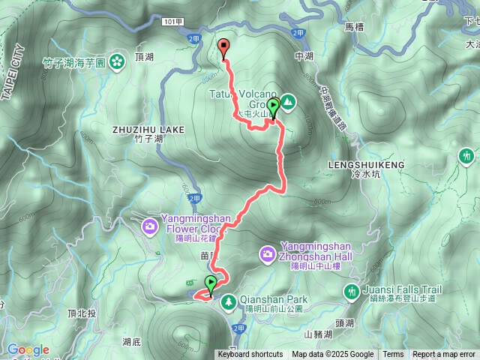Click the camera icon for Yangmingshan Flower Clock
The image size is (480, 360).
[x=150, y=224]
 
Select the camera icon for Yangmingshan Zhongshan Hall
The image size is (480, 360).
[x=268, y=255]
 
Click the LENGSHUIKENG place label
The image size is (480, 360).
[x=367, y=164]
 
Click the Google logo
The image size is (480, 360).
[x=28, y=349]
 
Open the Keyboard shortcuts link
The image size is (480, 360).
[x=250, y=355]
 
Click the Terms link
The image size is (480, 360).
[x=393, y=355]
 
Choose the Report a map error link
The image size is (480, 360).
[x=444, y=355]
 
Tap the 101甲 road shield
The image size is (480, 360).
[x=171, y=22]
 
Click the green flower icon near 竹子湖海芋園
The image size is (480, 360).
[x=118, y=61]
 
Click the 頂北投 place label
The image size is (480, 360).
[x=79, y=312]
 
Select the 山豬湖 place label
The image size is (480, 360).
[x=318, y=334]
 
